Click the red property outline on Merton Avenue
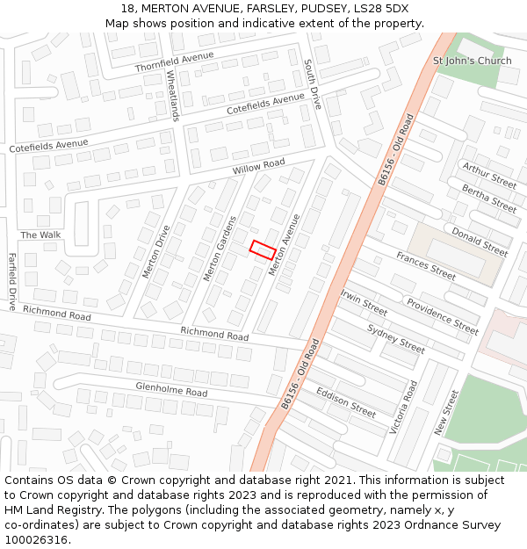point(263,249)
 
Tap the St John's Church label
point(472,61)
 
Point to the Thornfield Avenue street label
point(175,61)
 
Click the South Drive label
point(313,84)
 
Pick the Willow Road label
point(259,165)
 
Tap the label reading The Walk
point(40,235)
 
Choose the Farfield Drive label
point(12,282)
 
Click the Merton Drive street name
point(156,251)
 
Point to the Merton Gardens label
point(220,249)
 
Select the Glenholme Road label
point(171,388)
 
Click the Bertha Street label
point(489,199)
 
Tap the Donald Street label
point(479,241)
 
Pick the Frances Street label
point(425,265)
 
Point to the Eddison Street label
point(346,401)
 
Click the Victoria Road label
point(403,407)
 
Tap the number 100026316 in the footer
point(36,539)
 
